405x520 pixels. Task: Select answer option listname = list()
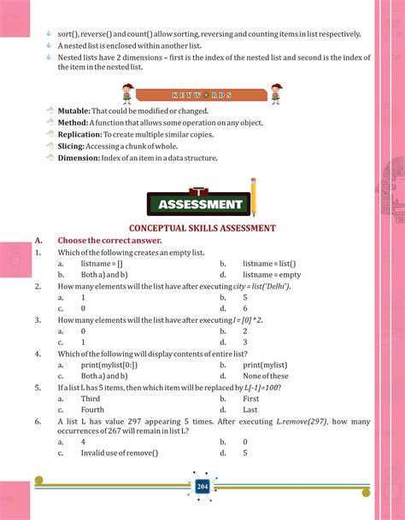269,264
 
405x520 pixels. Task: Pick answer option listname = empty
272,275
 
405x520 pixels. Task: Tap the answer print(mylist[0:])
109,364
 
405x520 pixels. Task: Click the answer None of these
266,375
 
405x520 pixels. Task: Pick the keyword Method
74,123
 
